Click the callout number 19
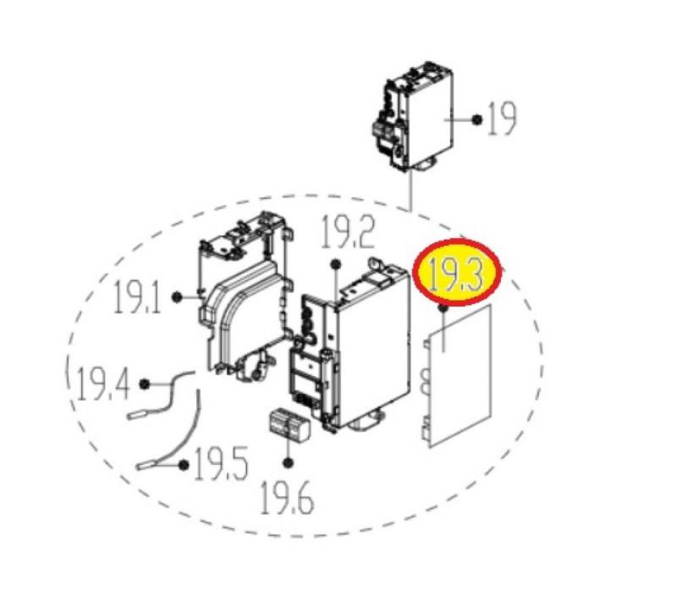502,119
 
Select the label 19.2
348,232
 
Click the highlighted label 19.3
458,274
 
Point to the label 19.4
103,384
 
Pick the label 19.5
221,464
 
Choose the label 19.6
288,498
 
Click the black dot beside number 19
476,119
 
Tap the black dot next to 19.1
176,296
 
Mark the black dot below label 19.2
335,264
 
